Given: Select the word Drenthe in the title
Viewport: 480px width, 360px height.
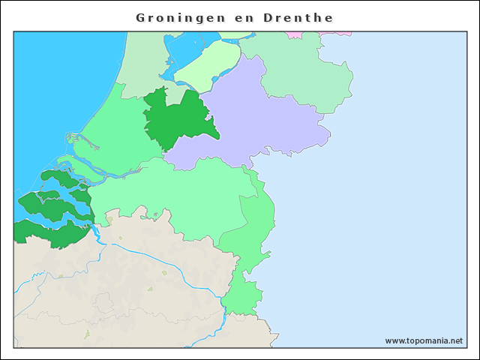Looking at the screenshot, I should pos(298,16).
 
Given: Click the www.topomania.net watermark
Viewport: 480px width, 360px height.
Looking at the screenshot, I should pos(424,340).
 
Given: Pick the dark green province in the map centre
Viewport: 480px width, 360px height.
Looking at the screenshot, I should pos(176,120).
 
